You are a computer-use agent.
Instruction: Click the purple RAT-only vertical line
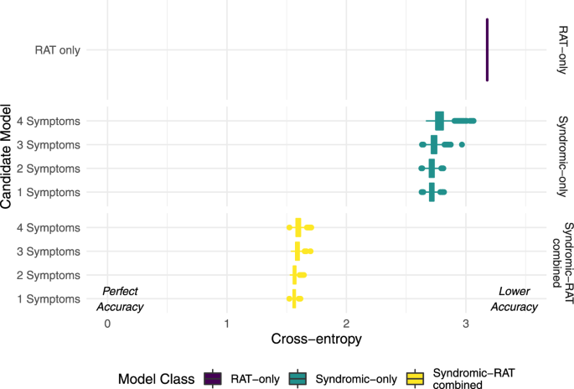point(487,50)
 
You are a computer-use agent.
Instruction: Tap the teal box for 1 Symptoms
point(432,192)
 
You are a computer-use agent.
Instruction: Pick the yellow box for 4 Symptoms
point(298,227)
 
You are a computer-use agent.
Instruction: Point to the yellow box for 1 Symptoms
point(295,298)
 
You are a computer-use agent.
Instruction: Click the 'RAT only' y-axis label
point(57,50)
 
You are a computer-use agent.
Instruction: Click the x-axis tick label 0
point(107,324)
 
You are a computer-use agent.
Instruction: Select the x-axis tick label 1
point(227,324)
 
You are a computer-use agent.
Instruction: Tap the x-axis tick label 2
point(346,324)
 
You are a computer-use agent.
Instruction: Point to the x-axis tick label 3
point(465,324)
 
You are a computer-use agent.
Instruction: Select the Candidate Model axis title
point(8,156)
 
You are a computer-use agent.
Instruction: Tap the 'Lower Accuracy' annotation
point(515,298)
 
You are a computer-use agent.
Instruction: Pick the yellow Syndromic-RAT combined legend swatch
point(413,378)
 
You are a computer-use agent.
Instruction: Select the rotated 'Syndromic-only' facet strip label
point(562,156)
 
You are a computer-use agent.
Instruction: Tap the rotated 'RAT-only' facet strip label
point(562,50)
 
